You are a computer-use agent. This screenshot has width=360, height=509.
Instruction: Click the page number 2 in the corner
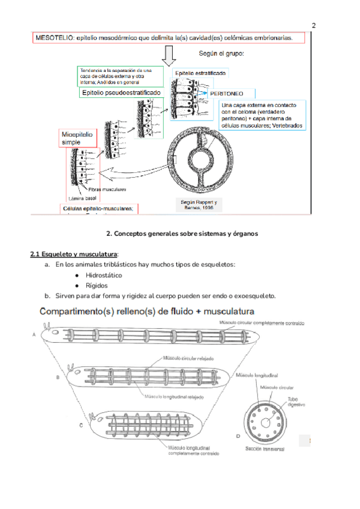314,26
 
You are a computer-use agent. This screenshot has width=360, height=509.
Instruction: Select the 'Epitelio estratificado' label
200,73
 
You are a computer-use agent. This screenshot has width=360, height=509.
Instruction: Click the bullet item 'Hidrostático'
104,275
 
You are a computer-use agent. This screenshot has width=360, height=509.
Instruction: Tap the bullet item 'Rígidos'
97,286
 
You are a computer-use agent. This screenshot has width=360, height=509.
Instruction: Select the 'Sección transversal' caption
265,448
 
